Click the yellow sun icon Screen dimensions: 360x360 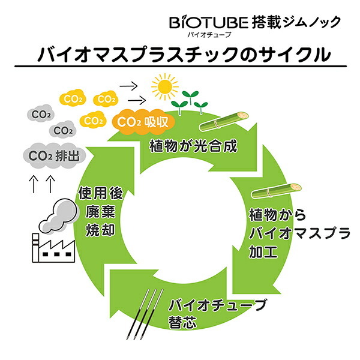(x=165, y=87)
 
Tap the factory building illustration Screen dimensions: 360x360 (x=53, y=248)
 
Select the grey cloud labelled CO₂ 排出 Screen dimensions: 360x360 (x=55, y=156)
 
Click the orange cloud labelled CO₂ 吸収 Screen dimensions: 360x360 (x=143, y=122)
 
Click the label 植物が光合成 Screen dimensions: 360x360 (x=193, y=146)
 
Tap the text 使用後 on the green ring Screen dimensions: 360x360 (x=101, y=193)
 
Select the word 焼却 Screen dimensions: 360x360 (x=100, y=229)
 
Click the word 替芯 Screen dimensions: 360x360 (x=183, y=322)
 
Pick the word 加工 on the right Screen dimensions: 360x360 (x=263, y=251)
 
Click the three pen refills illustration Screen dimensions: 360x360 (x=145, y=314)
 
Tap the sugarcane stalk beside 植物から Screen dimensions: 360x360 (x=277, y=191)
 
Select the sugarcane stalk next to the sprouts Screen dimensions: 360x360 (x=224, y=121)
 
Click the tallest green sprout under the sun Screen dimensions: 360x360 (x=190, y=98)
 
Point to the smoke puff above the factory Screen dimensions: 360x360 (x=59, y=216)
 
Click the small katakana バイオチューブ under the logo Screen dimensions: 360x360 (x=209, y=35)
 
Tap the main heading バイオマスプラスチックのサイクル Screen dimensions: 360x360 (x=184, y=55)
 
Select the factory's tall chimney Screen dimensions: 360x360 (x=35, y=248)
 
